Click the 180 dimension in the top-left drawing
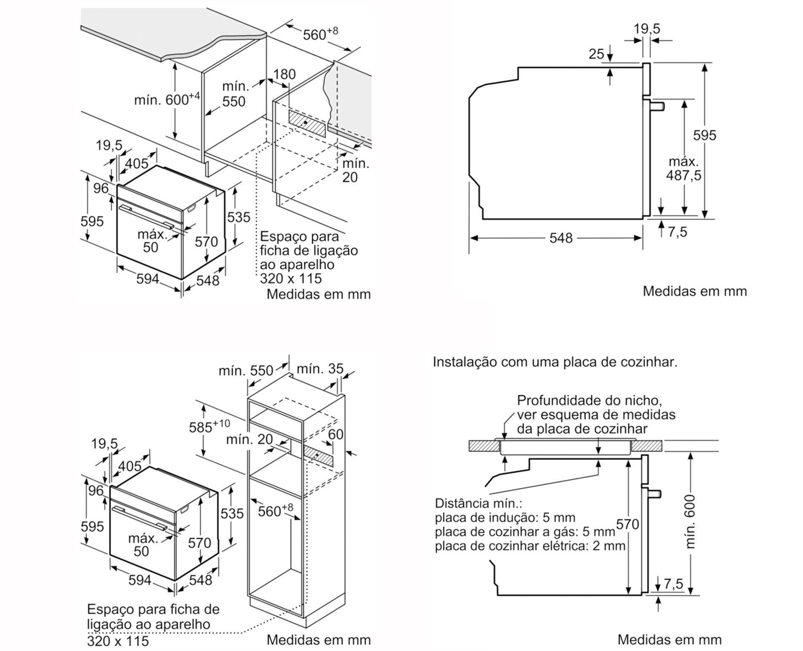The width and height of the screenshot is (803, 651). pos(284,74)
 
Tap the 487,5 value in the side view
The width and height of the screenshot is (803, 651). pos(683,175)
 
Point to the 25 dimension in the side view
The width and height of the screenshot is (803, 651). pos(596,54)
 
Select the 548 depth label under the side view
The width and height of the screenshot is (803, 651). pos(561,238)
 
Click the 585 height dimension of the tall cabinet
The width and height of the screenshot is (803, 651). pos(201,427)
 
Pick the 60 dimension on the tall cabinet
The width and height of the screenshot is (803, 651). pos(335,434)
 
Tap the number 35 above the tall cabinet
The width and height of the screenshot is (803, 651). pos(336,369)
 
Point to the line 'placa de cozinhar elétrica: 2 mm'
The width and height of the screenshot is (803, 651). pos(530,546)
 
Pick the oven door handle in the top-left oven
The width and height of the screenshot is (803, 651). pos(147,217)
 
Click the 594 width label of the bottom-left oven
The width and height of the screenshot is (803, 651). pos(139,580)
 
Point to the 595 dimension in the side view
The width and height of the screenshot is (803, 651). pos(704,135)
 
